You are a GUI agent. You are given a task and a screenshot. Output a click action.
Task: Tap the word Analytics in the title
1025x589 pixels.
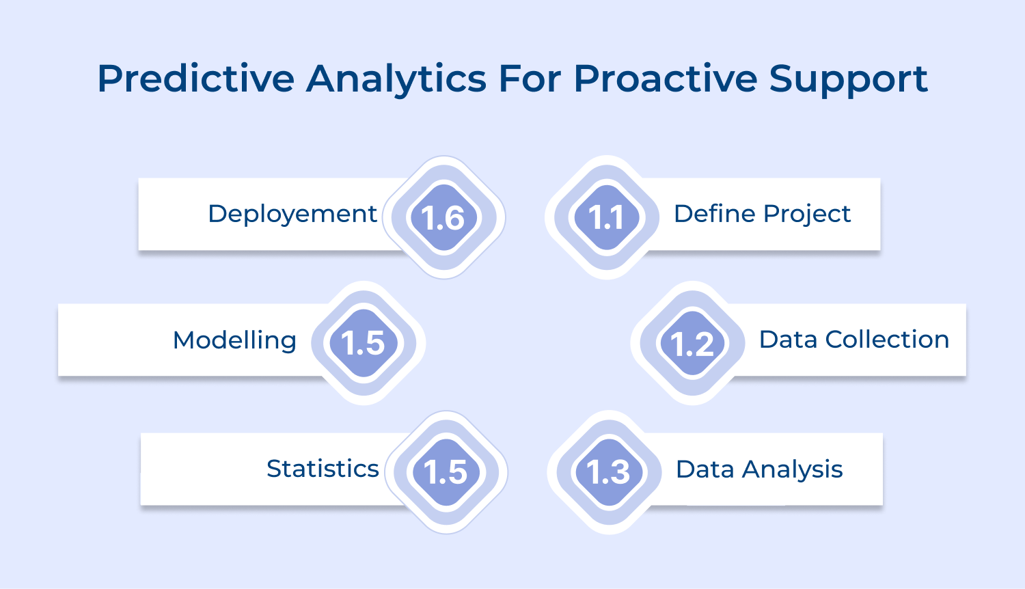pyautogui.click(x=396, y=79)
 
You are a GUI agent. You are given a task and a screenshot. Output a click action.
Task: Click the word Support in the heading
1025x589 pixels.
pyautogui.click(x=848, y=79)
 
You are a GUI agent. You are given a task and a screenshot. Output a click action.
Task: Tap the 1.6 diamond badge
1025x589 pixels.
pyautogui.click(x=443, y=218)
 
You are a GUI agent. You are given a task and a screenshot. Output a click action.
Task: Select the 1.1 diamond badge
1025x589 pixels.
pyautogui.click(x=606, y=218)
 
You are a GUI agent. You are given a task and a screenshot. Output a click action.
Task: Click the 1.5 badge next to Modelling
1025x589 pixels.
pyautogui.click(x=364, y=343)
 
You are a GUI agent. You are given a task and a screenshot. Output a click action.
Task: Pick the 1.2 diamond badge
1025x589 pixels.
pyautogui.click(x=692, y=344)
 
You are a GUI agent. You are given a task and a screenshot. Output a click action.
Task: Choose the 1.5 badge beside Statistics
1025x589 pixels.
pyautogui.click(x=446, y=472)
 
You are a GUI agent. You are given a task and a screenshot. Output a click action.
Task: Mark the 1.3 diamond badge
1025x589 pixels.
pyautogui.click(x=608, y=472)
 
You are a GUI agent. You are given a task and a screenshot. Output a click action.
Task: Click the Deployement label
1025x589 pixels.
pyautogui.click(x=292, y=214)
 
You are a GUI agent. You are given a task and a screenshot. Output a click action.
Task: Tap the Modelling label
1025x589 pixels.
pyautogui.click(x=234, y=340)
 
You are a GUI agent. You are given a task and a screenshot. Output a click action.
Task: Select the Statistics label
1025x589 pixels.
pyautogui.click(x=323, y=469)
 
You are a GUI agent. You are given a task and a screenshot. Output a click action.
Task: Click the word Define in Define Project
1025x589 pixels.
pyautogui.click(x=714, y=214)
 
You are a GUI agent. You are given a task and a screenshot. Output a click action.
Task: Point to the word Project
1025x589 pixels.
pyautogui.click(x=807, y=214)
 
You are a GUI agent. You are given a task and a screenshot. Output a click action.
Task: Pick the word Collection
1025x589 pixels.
pyautogui.click(x=887, y=340)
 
